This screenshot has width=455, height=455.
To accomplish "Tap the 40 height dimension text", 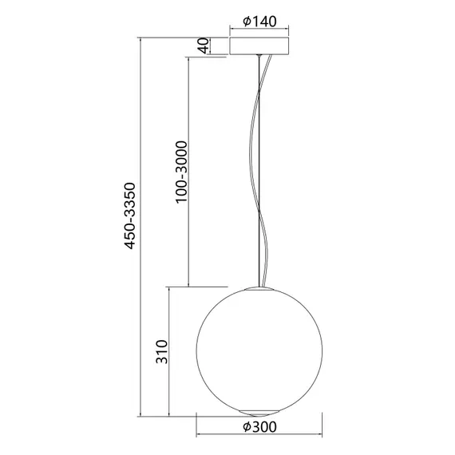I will click(204, 46).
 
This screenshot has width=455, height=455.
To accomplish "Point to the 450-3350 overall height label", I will click(133, 220).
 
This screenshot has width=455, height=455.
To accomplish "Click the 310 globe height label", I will click(161, 352).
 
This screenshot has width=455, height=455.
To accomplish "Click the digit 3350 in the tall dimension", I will click(133, 199).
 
